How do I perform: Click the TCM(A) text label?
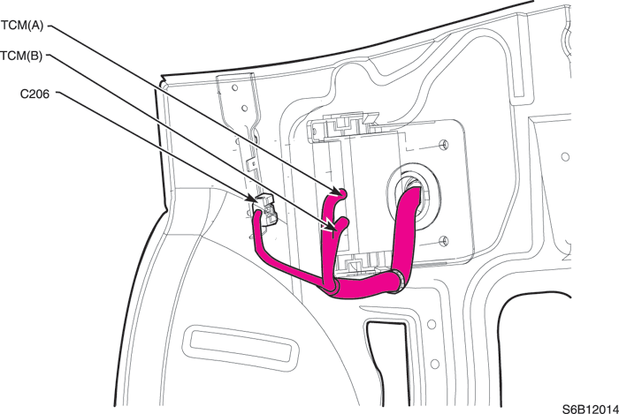coord(22,26)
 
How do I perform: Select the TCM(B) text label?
coord(21,56)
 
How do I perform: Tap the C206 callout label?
coord(34,94)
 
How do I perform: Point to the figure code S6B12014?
coord(591,409)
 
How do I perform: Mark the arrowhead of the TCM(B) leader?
coord(329,225)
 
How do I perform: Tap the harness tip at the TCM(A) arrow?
coord(342,193)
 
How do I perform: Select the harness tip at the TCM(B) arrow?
coord(343,222)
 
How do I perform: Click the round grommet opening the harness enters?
coord(413,196)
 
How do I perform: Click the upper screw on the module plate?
coord(444,145)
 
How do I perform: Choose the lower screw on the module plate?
coord(444,241)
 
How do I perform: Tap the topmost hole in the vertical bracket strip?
coord(234,87)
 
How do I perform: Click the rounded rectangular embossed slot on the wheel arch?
coord(241,348)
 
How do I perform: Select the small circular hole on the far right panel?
coord(565,157)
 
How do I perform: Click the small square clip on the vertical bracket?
coord(250,165)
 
